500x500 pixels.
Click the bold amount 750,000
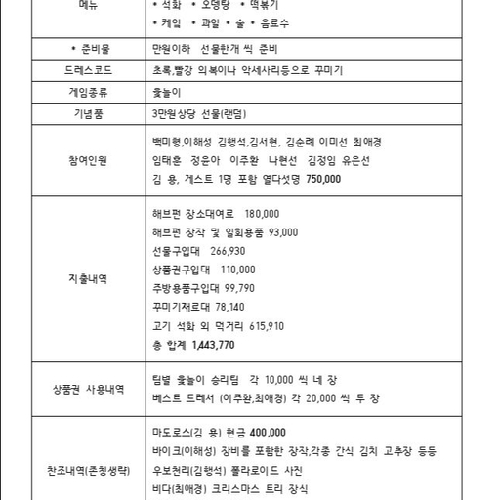323,180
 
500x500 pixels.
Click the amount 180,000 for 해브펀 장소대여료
263,214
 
